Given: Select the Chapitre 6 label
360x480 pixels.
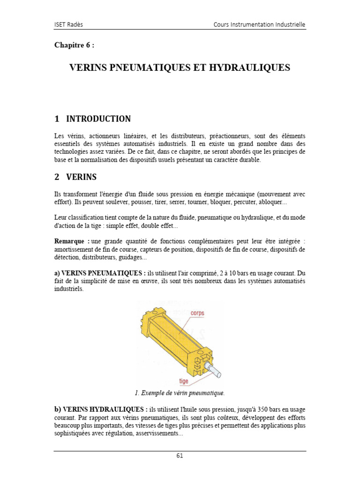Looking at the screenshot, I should [77, 45].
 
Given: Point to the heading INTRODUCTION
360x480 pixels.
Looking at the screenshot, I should [98, 119].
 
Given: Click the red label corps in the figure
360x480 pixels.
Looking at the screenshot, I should [197, 313].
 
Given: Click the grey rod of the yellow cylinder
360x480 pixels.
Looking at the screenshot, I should [215, 373].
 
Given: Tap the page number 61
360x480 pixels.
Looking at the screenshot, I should [180, 455].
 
